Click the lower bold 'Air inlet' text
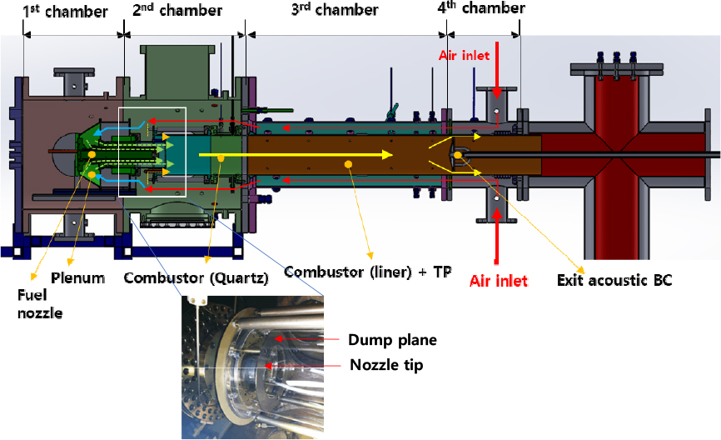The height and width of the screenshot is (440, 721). point(499,281)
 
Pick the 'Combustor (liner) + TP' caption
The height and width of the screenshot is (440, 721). point(367,272)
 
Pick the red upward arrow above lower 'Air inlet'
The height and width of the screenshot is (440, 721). point(496,238)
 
